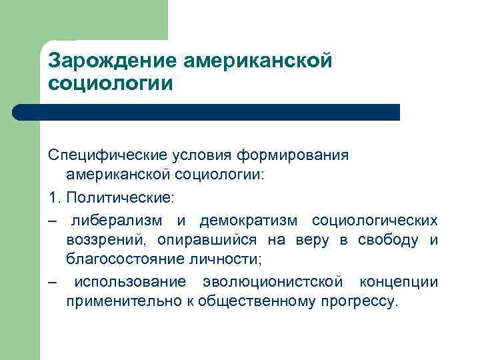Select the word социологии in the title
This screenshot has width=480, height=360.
coord(110,84)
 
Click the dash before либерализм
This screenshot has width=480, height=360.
coord(53,220)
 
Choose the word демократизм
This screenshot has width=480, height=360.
coord(251,220)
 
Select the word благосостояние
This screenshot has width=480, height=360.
coord(117,260)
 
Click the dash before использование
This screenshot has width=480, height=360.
coord(53,282)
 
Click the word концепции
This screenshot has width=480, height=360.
coord(399,282)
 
